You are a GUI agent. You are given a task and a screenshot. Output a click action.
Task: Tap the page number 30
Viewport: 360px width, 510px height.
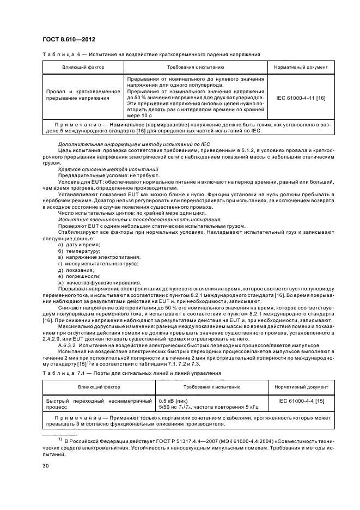coord(46,465)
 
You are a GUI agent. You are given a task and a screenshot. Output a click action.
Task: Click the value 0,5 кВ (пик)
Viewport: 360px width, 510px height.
coord(172,400)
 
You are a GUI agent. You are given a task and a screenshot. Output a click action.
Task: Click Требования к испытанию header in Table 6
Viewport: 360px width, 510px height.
coord(195,67)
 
